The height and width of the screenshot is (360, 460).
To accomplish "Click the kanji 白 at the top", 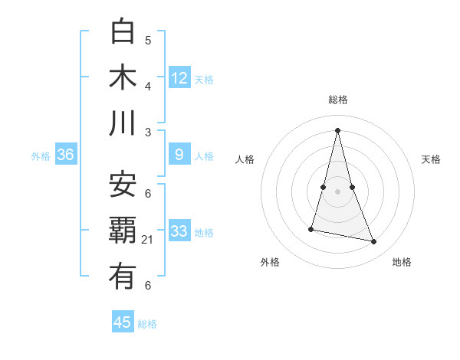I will coord(123,32).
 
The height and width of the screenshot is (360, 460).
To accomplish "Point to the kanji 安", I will coord(123,185).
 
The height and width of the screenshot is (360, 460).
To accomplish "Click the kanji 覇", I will coord(123,231).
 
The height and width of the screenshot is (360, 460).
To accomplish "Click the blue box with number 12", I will coord(179,78).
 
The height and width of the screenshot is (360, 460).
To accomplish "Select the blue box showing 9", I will coord(179,155).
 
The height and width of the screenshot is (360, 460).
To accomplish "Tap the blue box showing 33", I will coord(179,231).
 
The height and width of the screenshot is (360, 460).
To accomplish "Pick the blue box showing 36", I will coord(66,155).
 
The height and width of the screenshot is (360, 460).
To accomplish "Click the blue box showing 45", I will coord(123,322).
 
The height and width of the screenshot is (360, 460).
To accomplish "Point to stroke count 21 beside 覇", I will coord(148,240).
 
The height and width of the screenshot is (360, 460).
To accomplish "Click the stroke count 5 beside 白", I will coord(148,40).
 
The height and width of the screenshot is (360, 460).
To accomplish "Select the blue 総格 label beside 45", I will coord(147,324).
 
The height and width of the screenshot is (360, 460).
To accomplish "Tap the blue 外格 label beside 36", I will coord(41,156).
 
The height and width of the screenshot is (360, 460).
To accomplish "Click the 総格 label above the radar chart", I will coord(337,100).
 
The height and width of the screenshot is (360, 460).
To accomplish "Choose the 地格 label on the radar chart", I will coord(402,262).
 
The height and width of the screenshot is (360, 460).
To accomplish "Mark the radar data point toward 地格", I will coord(374,241).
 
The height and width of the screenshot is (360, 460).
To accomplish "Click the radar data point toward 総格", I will coord(337,129).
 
